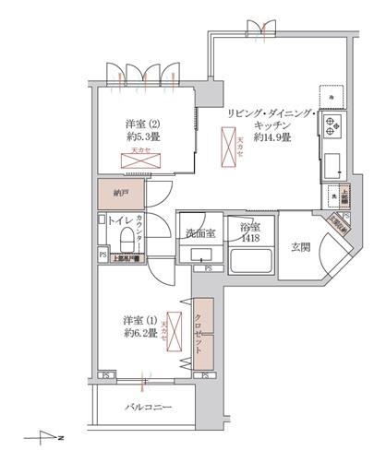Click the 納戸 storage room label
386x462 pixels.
tap(121, 195)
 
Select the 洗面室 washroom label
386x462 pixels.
tap(199, 233)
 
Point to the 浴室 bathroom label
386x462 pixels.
tap(249, 230)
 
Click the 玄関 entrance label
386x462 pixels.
tap(302, 247)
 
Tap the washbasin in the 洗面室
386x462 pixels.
tap(198, 255)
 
